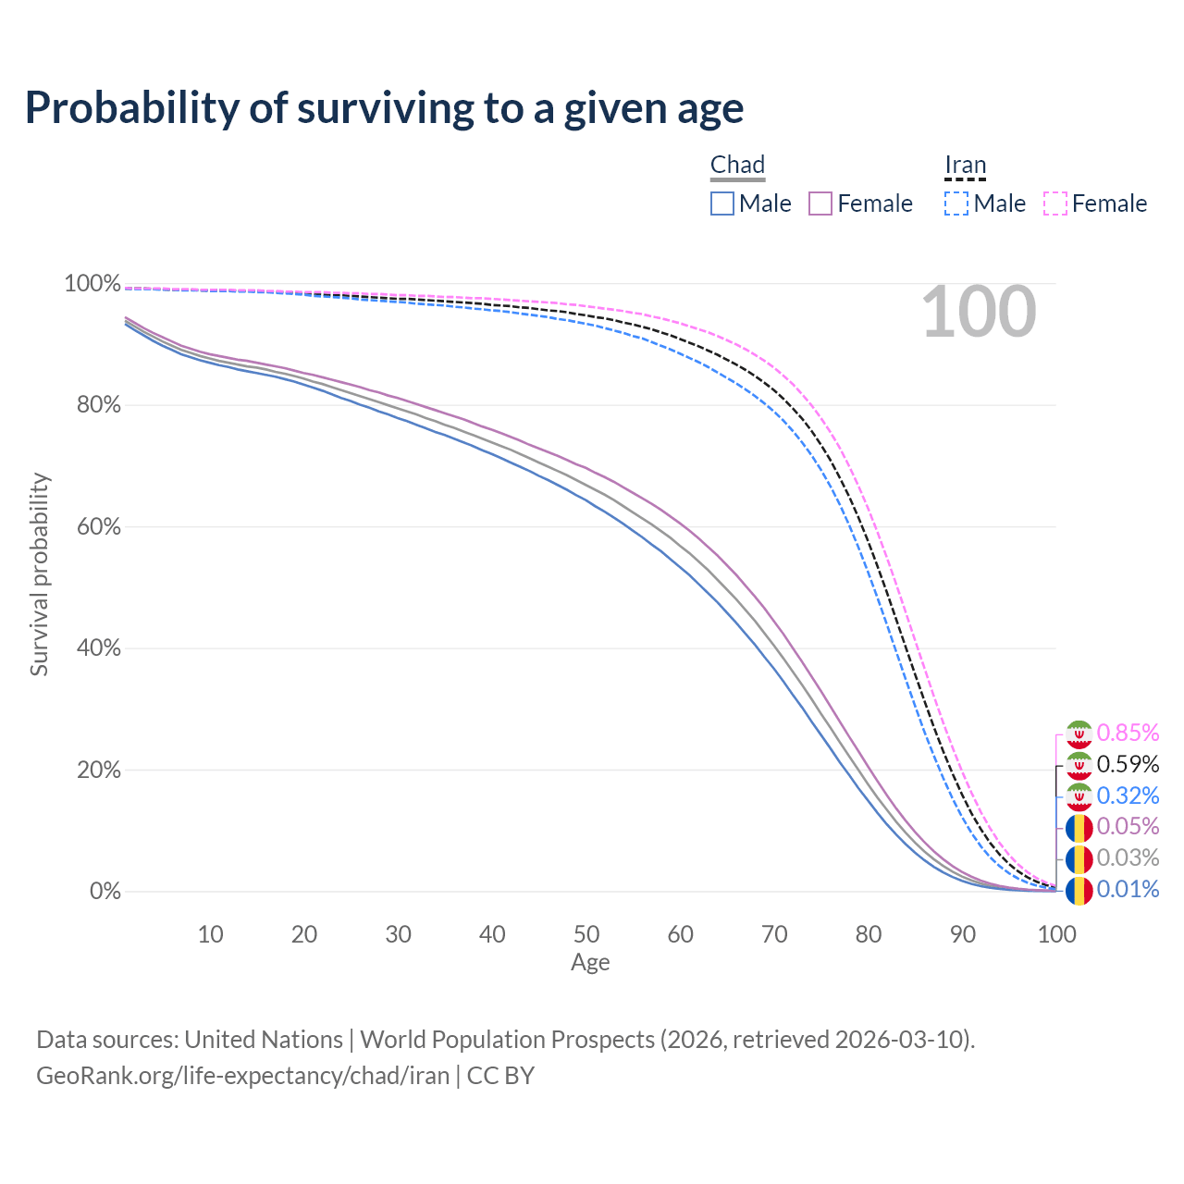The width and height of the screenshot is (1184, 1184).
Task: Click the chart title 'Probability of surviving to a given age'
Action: [384, 108]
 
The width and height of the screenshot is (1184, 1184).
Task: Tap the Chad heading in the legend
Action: [737, 165]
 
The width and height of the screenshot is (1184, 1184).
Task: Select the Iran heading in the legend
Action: [966, 165]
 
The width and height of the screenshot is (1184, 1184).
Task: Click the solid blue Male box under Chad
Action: [721, 203]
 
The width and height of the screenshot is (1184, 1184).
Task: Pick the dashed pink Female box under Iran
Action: [1055, 203]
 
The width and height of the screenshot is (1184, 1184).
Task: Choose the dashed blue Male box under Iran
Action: [956, 203]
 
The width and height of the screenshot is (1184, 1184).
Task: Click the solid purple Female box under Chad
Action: [820, 203]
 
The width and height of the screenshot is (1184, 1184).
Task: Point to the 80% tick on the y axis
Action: [98, 405]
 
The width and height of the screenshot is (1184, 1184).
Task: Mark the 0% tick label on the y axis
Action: [105, 891]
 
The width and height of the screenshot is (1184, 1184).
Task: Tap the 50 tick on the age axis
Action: [586, 934]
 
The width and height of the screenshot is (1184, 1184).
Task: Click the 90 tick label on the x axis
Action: [962, 934]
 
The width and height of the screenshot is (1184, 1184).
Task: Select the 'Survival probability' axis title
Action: [40, 573]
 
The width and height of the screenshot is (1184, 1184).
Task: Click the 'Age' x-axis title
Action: [590, 962]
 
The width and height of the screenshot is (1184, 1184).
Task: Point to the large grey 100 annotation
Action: [979, 312]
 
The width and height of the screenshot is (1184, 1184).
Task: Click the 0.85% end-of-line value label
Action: [1128, 733]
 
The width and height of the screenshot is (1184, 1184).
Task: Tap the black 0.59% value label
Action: [1128, 764]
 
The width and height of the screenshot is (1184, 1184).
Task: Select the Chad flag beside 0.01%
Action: [1079, 891]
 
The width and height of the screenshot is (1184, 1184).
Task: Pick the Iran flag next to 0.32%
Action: [1079, 796]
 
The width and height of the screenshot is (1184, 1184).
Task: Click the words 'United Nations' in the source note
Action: [264, 1040]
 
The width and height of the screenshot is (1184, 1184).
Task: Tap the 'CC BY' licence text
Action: [500, 1075]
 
